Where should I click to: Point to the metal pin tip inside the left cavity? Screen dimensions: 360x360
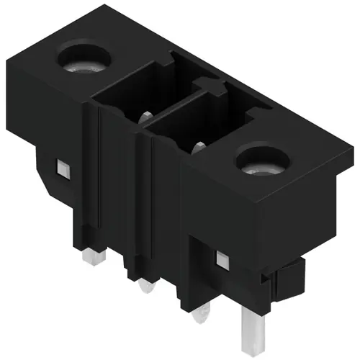click(x=144, y=114)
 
